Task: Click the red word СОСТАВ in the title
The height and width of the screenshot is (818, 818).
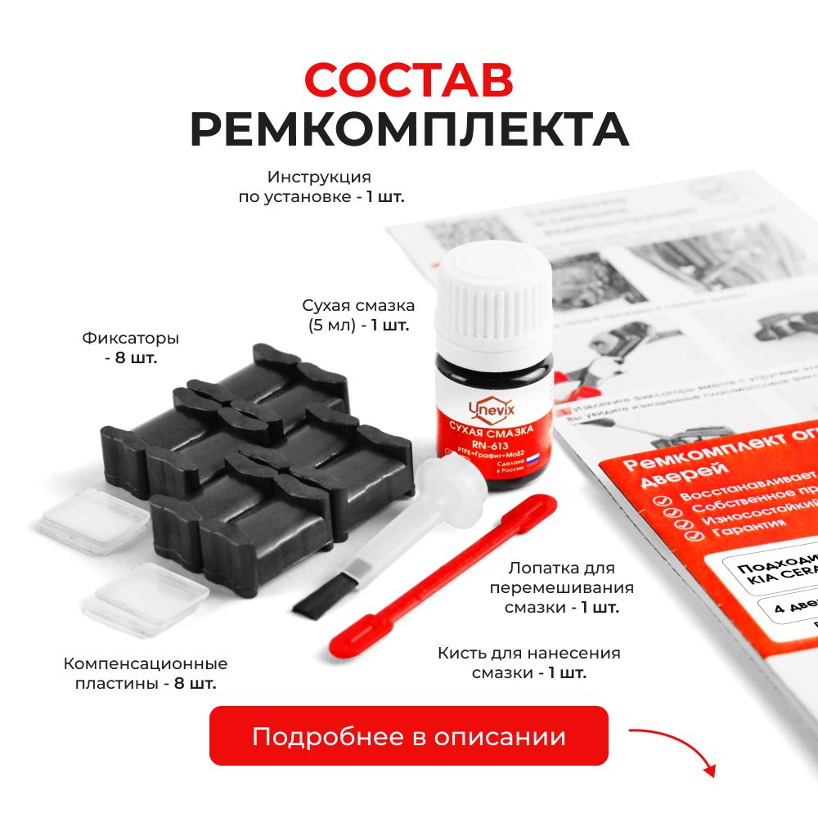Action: click(409, 79)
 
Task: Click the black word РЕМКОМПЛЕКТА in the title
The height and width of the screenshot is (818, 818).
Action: click(409, 128)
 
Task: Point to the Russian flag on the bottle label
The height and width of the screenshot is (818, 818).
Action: click(532, 460)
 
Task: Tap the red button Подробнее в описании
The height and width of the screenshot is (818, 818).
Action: click(409, 736)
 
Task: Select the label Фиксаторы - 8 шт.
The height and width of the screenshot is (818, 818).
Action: click(130, 348)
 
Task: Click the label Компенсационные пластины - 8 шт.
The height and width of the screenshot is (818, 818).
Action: click(146, 672)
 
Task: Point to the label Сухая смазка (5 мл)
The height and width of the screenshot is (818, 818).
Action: click(358, 315)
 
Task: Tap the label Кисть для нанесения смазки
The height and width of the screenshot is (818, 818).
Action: click(528, 663)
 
